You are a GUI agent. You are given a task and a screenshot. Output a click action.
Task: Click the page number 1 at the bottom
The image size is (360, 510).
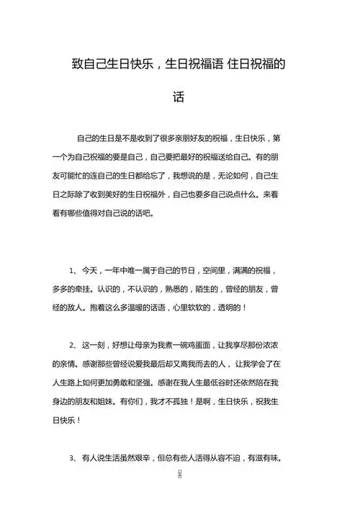[179, 476]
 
